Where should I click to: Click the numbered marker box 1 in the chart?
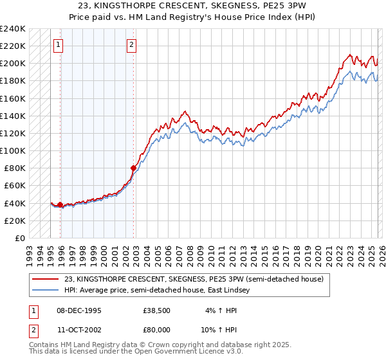59,45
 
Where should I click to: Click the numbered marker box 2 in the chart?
131,45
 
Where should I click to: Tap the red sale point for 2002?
134,168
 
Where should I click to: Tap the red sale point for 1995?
60,204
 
